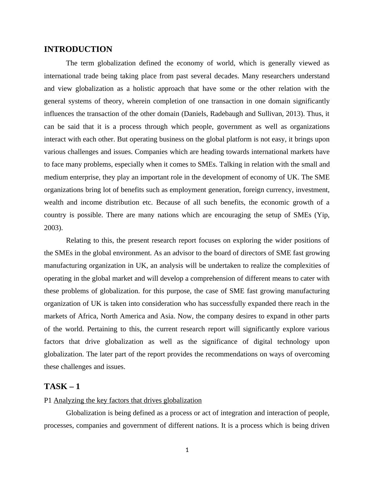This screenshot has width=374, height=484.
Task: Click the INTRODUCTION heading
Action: click(78, 49)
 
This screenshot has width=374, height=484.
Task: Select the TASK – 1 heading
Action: click(62, 386)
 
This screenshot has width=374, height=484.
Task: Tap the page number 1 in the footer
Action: click(187, 450)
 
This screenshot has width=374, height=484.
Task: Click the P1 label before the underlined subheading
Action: click(48, 400)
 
